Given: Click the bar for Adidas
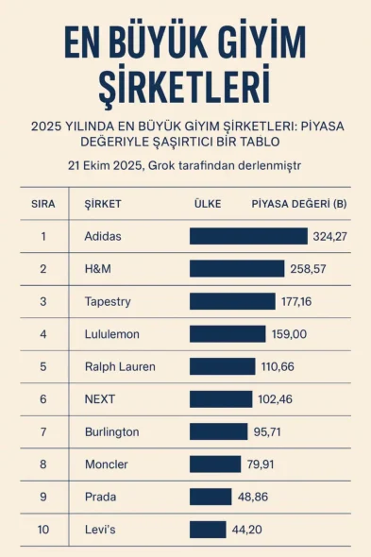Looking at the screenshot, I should [248, 236].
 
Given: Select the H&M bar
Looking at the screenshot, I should [236, 269].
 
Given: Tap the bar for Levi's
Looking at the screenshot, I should [208, 530].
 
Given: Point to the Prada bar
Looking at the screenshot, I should [211, 497].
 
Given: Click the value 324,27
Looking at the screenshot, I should [329, 236].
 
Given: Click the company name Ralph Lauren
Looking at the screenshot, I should [120, 366].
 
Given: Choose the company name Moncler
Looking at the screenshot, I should [106, 464].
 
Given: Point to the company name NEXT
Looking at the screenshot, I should [100, 399].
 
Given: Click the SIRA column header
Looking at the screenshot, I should [43, 204].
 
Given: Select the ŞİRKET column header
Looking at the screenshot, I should [103, 204].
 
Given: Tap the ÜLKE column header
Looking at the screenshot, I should [208, 204].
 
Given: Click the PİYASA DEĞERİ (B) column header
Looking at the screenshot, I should [299, 204].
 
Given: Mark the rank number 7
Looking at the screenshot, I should [43, 431].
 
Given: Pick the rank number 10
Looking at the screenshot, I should [43, 530].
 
